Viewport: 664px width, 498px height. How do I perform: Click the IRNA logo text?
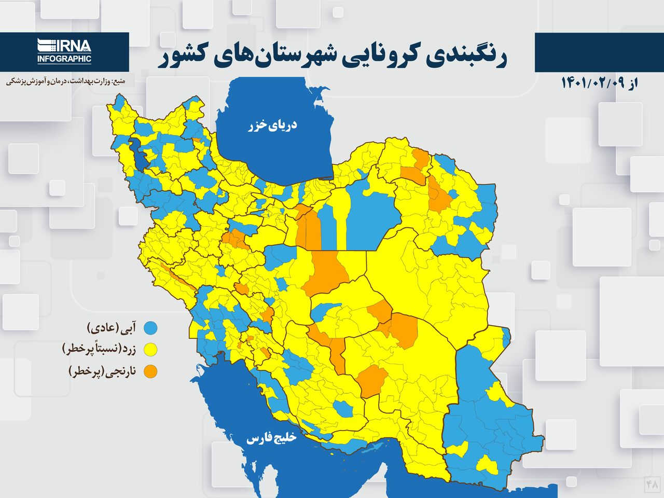[73, 46]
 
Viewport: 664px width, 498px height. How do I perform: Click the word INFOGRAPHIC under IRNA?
[64, 59]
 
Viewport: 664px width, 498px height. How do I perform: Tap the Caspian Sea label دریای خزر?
[272, 125]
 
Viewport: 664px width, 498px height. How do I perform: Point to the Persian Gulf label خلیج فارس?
[271, 438]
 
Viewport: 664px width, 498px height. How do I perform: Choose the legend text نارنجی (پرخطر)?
[102, 371]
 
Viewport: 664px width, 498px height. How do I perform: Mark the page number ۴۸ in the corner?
[652, 484]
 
